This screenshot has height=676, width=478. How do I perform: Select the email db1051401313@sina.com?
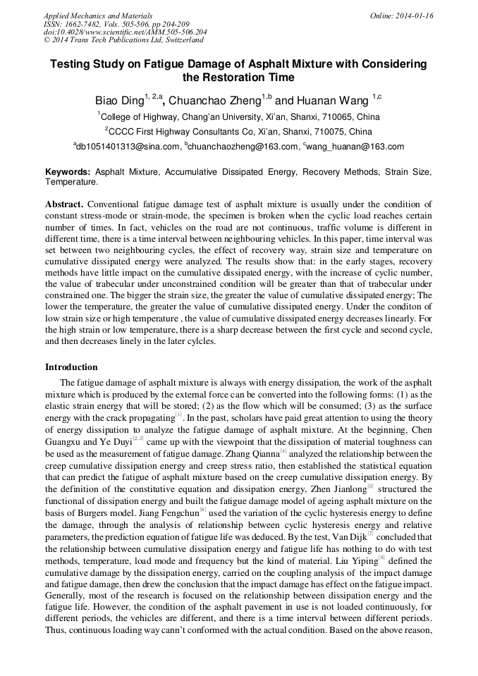[127, 147]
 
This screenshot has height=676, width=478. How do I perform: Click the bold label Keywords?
[68, 172]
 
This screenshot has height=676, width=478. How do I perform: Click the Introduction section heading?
[71, 367]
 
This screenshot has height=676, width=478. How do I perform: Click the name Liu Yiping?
[355, 559]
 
